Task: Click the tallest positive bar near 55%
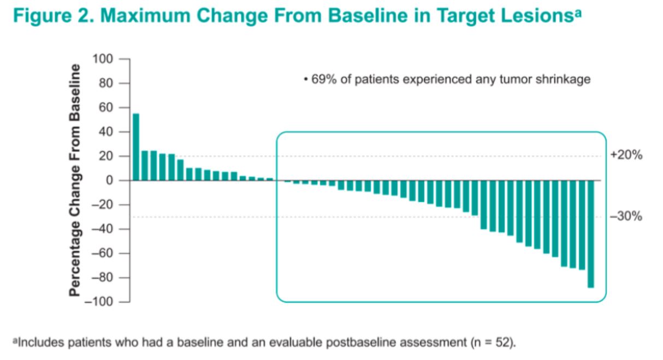[x=136, y=146]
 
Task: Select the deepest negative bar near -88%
[x=590, y=234]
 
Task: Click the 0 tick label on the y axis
[x=111, y=181]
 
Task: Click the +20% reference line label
[x=625, y=156]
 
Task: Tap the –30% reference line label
[x=625, y=217]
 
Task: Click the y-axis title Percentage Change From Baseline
[x=75, y=180]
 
